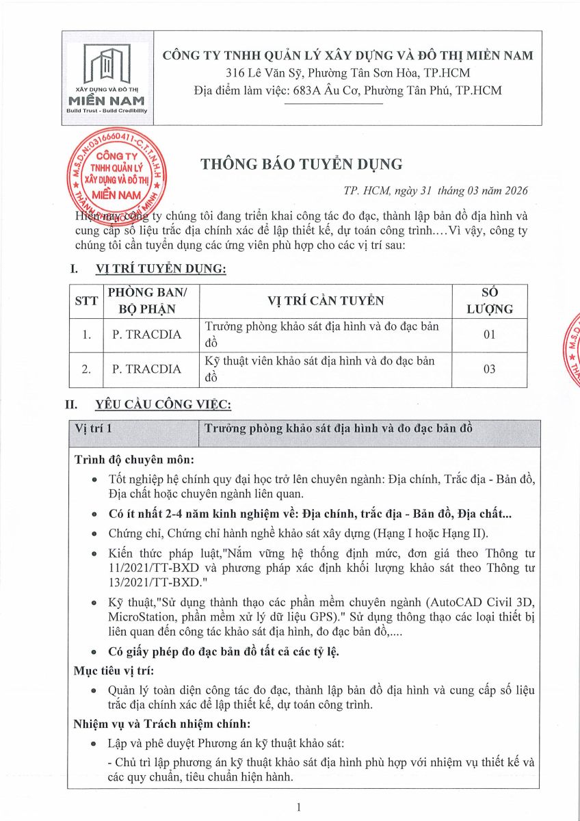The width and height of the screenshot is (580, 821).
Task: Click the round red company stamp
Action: pos(117,173)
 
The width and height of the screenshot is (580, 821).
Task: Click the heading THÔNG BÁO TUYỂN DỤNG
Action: pos(302,164)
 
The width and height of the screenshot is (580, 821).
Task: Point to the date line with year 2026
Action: pos(436,192)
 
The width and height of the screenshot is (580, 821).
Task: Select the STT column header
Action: pos(86,301)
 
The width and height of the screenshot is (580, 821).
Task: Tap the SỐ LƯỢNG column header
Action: pos(489,301)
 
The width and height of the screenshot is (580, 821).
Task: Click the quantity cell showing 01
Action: pos(489,335)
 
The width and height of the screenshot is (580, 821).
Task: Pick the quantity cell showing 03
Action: pos(489,369)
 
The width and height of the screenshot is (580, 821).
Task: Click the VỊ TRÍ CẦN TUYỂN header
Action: pos(326,301)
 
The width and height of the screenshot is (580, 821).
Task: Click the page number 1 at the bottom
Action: pos(300,807)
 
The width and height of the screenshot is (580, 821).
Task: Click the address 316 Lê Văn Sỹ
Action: pos(266,73)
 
